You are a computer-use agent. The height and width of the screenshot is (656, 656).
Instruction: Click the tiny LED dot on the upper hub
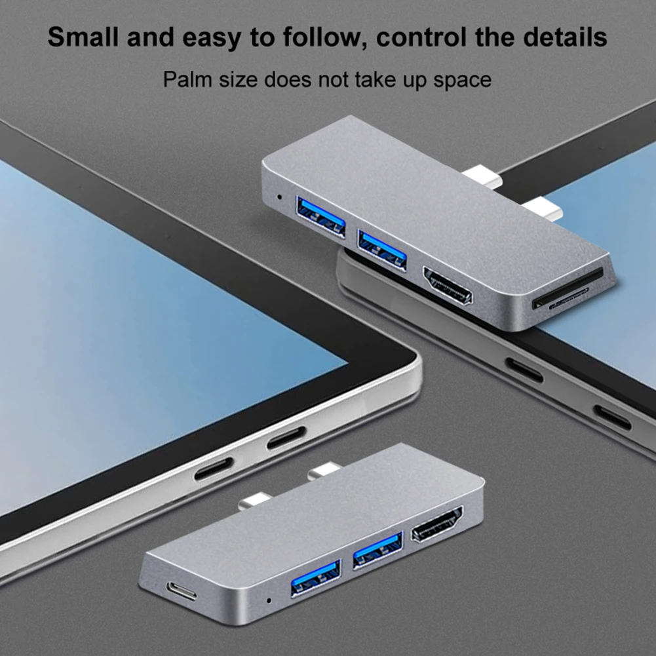(x=280, y=196)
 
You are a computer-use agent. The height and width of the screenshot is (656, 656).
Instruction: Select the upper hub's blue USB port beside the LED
(x=320, y=216)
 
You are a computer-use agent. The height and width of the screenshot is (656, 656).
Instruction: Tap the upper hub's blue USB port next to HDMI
(x=382, y=250)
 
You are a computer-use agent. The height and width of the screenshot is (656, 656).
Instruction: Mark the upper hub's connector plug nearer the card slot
(x=542, y=209)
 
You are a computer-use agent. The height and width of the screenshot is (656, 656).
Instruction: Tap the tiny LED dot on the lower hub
(x=268, y=599)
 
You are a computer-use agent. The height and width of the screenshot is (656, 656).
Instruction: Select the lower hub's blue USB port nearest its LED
(x=315, y=578)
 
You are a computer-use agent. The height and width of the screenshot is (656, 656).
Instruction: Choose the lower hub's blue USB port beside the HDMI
(x=377, y=551)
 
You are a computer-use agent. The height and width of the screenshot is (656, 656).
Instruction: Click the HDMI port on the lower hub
(x=436, y=524)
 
